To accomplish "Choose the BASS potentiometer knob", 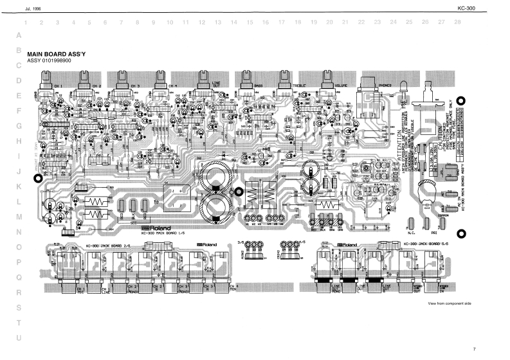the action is pos(246,80).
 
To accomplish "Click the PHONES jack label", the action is pos(385,85).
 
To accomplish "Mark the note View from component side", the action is pos(449,303).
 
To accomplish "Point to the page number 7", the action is pos(473,349).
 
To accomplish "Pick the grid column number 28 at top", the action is pos(457,22).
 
